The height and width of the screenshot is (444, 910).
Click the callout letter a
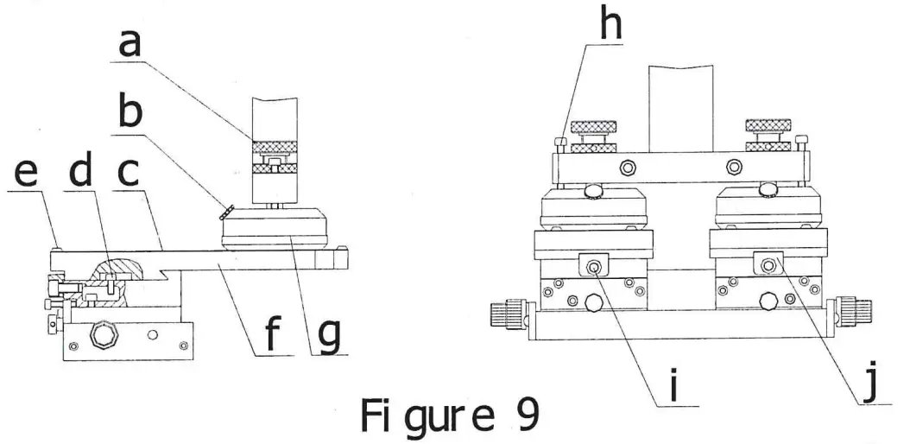tap(130, 41)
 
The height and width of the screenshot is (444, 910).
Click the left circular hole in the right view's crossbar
tap(629, 165)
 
